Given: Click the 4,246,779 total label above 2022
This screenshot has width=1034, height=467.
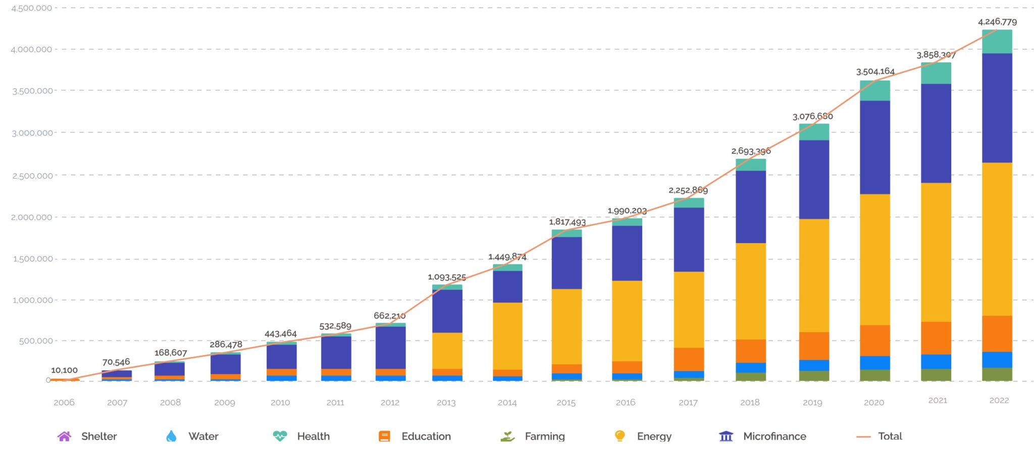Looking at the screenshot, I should pyautogui.click(x=997, y=22).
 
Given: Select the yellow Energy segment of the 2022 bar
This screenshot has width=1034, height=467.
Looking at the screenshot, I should pyautogui.click(x=997, y=239).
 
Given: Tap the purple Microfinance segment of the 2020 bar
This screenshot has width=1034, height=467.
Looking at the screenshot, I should pyautogui.click(x=875, y=147).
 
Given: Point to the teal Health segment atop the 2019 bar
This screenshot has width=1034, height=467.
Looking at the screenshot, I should pyautogui.click(x=814, y=132).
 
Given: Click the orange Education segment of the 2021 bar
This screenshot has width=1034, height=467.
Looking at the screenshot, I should pyautogui.click(x=936, y=338).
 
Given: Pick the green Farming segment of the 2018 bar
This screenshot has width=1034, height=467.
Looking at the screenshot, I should pyautogui.click(x=751, y=377).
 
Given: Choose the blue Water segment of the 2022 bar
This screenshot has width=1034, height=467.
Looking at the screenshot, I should pyautogui.click(x=997, y=360).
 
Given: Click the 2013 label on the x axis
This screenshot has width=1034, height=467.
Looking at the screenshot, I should pyautogui.click(x=446, y=402).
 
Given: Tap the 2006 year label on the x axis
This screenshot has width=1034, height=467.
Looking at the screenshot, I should pyautogui.click(x=64, y=402).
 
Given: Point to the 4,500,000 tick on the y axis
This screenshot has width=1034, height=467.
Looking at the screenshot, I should pyautogui.click(x=31, y=8).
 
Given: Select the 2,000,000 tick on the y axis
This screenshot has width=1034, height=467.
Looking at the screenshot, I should pyautogui.click(x=31, y=217).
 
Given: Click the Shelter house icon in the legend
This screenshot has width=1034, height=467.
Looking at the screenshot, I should pyautogui.click(x=64, y=436).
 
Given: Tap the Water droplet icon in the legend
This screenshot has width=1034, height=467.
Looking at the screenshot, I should pyautogui.click(x=171, y=436).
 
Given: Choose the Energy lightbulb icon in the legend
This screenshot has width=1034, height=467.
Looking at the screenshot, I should pyautogui.click(x=620, y=436).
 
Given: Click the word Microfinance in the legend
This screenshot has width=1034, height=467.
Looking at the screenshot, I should pyautogui.click(x=774, y=436).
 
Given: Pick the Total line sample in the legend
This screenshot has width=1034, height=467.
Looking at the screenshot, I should pyautogui.click(x=863, y=437).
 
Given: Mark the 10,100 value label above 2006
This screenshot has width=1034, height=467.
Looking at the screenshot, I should pyautogui.click(x=64, y=370).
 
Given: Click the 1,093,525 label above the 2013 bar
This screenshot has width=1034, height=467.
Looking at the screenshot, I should pyautogui.click(x=447, y=277).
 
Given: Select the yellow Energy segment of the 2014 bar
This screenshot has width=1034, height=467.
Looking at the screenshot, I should pyautogui.click(x=507, y=336).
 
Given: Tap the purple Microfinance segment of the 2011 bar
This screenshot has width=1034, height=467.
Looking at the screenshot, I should pyautogui.click(x=336, y=353).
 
